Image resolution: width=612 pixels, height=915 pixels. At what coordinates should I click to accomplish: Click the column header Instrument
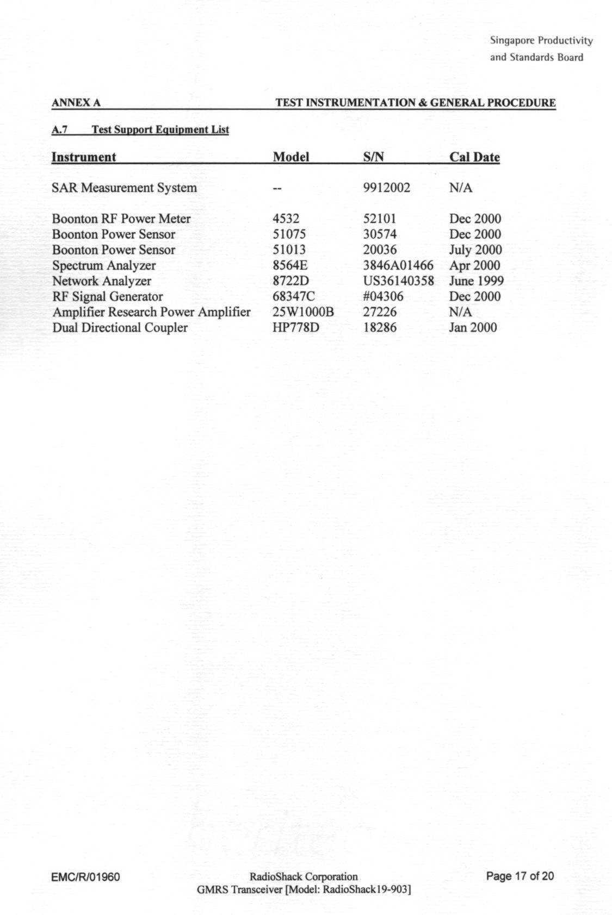tap(83, 157)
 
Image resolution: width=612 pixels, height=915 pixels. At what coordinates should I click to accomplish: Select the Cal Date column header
tap(474, 157)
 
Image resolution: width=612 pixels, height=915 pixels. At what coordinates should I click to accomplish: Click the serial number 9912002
tap(386, 188)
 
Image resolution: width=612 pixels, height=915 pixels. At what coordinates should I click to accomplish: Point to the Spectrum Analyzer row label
tap(104, 266)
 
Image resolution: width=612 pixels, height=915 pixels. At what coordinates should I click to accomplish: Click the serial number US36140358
tap(398, 281)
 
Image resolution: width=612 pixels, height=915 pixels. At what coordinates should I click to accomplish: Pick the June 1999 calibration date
tap(476, 281)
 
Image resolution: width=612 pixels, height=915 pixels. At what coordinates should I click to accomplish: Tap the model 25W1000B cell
tap(302, 312)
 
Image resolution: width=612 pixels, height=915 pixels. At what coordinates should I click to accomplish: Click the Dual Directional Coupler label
tap(120, 328)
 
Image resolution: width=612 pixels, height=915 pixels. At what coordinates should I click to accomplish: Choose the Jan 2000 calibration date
tap(473, 328)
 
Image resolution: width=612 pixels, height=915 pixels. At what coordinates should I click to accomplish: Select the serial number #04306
tap(383, 297)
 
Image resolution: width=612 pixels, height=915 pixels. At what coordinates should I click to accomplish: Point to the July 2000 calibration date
tap(475, 250)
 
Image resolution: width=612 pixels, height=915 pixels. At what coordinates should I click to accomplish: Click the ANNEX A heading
tap(76, 103)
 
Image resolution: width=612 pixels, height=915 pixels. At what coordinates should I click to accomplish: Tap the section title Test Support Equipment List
tap(160, 130)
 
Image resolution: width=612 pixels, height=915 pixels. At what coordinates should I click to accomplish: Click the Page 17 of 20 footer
tap(520, 876)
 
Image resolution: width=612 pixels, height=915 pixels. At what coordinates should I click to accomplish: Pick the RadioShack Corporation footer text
tap(303, 876)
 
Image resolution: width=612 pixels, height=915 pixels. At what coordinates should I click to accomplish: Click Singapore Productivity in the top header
tap(541, 41)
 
